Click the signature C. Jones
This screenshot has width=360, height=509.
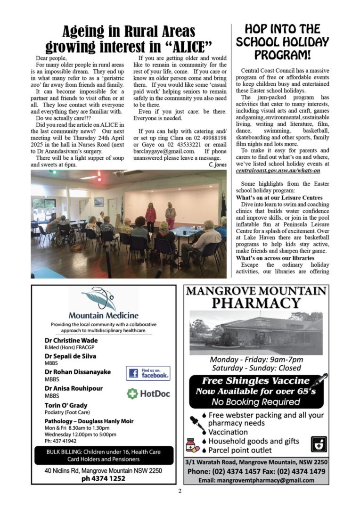pyautogui.click(x=218, y=165)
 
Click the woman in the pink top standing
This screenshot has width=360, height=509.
pyautogui.click(x=151, y=215)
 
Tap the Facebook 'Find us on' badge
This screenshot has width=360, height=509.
pyautogui.click(x=148, y=373)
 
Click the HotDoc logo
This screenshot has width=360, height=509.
pyautogui.click(x=148, y=394)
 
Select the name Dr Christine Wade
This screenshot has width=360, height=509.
pyautogui.click(x=71, y=340)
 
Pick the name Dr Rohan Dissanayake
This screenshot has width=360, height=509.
pyautogui.click(x=78, y=372)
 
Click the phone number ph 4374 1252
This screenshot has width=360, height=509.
pyautogui.click(x=103, y=478)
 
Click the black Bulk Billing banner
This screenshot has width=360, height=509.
pyautogui.click(x=104, y=455)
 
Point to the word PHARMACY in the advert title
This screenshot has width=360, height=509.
pyautogui.click(x=256, y=303)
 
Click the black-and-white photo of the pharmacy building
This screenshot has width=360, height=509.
pyautogui.click(x=256, y=333)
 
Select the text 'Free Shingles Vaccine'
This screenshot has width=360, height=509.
pyautogui.click(x=256, y=381)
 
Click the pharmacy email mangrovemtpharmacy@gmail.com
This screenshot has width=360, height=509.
pyautogui.click(x=256, y=480)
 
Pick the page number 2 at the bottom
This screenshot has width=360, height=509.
pyautogui.click(x=180, y=491)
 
